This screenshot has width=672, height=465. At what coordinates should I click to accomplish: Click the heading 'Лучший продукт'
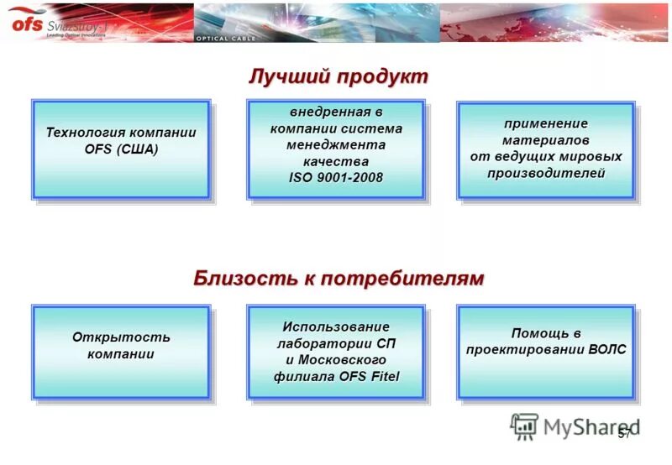tap(338, 76)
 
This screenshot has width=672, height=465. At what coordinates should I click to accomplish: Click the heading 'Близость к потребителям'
tap(339, 279)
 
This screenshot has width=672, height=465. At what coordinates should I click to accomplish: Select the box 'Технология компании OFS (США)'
tap(121, 149)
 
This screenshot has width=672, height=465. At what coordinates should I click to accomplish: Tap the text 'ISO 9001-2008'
tap(336, 177)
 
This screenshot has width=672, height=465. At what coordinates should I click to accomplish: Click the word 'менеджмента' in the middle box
tap(336, 144)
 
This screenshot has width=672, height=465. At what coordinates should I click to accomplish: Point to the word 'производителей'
tap(546, 173)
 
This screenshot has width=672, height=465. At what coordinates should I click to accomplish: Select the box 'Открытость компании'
tap(121, 352)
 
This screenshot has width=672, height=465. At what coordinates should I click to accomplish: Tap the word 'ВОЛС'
tap(608, 349)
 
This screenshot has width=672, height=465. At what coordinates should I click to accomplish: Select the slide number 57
tap(624, 434)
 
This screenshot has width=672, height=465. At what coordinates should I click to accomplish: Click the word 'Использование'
tap(336, 327)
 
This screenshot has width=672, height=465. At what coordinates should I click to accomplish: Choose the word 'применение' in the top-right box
tap(546, 123)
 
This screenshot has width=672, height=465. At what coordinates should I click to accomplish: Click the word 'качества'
tap(336, 161)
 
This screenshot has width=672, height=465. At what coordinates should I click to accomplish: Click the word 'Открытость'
tap(121, 337)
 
